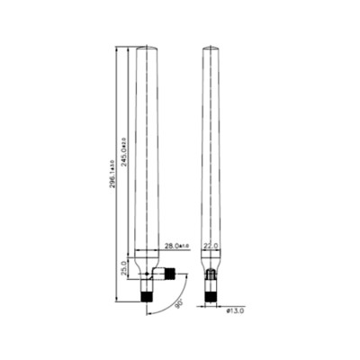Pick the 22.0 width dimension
point(211,245)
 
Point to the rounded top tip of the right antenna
point(211,48)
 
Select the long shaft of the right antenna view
point(211,153)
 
